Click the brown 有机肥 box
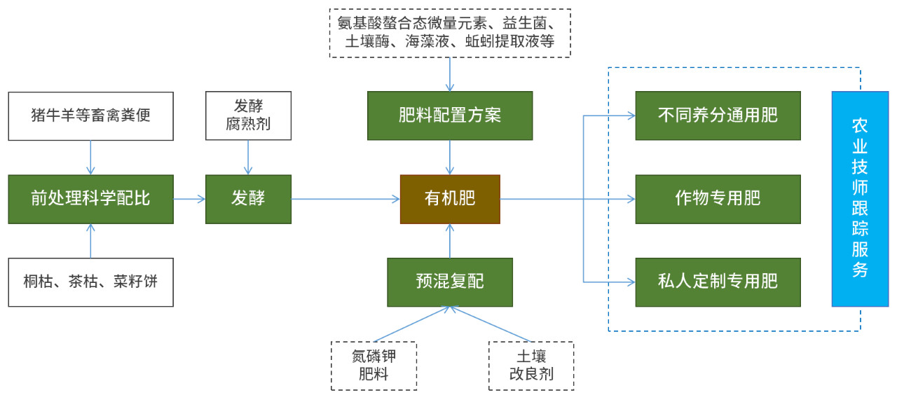point(450,199)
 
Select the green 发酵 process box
point(248,199)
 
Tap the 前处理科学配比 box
point(90,199)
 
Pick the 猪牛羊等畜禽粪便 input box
point(90,115)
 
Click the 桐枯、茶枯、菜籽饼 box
point(90,282)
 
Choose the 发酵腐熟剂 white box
point(248,116)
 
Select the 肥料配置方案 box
point(450,115)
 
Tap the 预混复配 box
point(450,282)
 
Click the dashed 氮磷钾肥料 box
point(374,366)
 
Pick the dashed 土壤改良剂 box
point(530,366)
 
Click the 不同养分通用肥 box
point(718,115)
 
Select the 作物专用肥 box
point(718,199)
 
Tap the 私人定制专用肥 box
point(718,282)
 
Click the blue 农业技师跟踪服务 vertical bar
point(860,199)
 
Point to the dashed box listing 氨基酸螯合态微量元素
point(450,33)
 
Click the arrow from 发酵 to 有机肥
point(345,200)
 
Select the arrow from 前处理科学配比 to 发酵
point(189,200)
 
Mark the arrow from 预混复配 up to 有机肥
point(450,241)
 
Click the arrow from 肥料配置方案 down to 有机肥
point(450,156)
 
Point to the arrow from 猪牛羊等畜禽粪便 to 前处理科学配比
point(90,156)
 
